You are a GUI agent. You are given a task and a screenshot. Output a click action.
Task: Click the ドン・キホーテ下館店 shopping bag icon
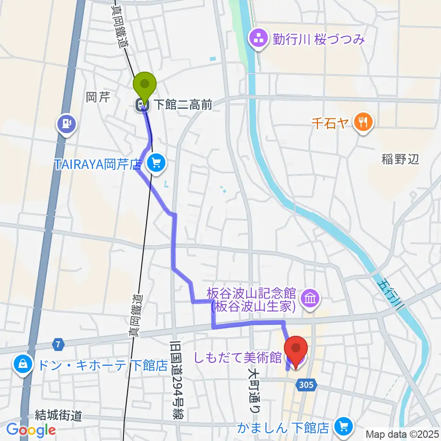pos(23,365)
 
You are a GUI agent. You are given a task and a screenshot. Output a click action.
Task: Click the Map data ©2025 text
pos(402,434)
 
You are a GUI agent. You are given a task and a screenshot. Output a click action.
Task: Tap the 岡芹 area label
pos(97,97)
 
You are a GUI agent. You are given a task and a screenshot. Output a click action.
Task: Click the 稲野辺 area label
pos(400,159)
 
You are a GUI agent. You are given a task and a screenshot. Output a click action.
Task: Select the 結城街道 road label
pos(58,416)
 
